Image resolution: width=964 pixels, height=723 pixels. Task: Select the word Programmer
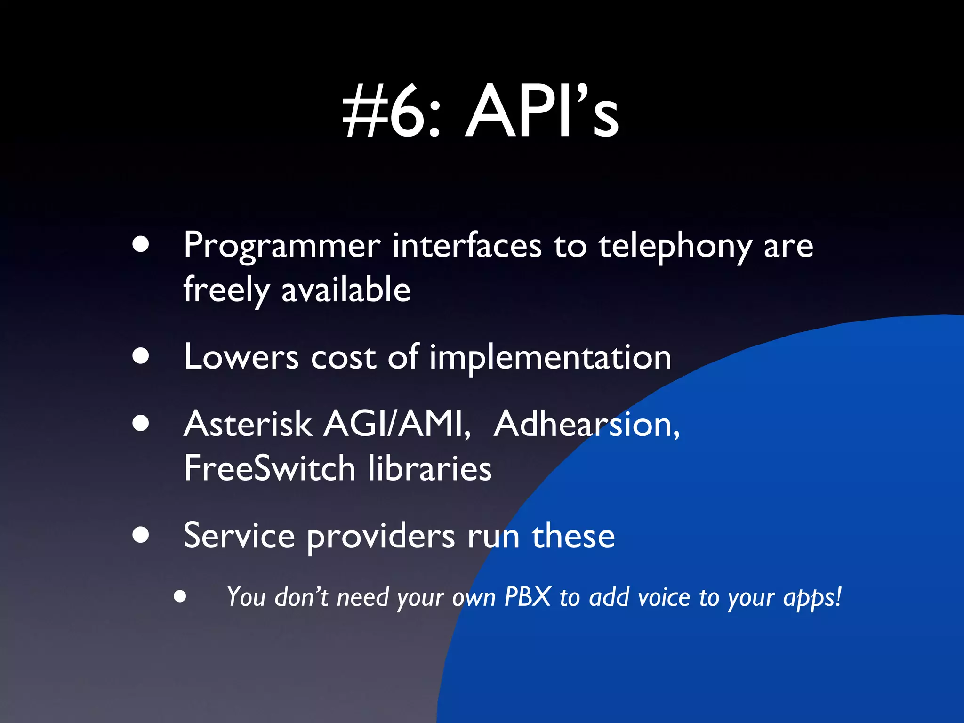point(281,246)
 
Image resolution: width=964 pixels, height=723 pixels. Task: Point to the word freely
point(226,290)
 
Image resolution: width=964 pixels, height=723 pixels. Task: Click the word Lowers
point(241,357)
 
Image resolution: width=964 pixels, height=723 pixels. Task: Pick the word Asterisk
point(248,424)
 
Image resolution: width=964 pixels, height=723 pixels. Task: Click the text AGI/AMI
point(397,424)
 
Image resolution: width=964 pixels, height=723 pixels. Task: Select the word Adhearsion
point(586,424)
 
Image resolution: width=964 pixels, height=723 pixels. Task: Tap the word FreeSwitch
point(269,468)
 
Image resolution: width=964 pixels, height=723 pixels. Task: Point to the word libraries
point(429,468)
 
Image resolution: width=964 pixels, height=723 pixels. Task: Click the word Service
point(239,536)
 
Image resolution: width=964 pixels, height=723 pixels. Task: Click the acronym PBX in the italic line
point(527,596)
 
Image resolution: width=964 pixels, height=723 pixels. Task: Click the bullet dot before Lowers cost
point(141,356)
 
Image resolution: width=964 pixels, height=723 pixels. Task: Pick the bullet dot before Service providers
point(141,535)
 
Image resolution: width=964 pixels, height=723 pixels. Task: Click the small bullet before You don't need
point(179,597)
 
